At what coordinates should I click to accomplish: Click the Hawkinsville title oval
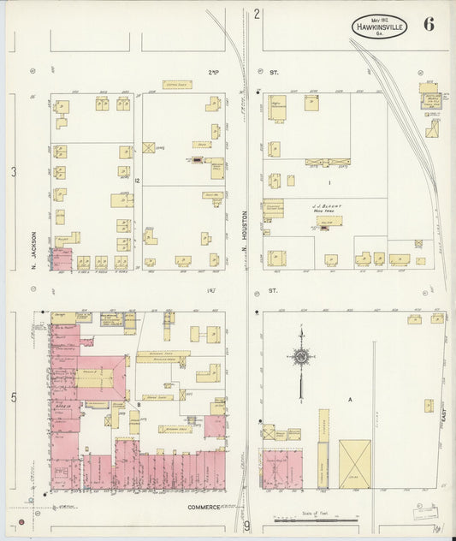tap(378, 27)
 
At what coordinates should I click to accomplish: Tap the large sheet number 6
tap(428, 24)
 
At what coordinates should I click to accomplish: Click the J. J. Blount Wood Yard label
tap(327, 208)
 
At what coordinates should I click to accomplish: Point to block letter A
tap(349, 399)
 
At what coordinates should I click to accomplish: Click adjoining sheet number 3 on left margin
tap(13, 173)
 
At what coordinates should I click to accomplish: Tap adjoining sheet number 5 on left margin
tap(13, 397)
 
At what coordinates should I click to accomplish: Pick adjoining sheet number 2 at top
tap(256, 13)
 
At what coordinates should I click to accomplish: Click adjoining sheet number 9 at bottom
tap(246, 526)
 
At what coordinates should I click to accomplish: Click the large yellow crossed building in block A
tap(355, 464)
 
